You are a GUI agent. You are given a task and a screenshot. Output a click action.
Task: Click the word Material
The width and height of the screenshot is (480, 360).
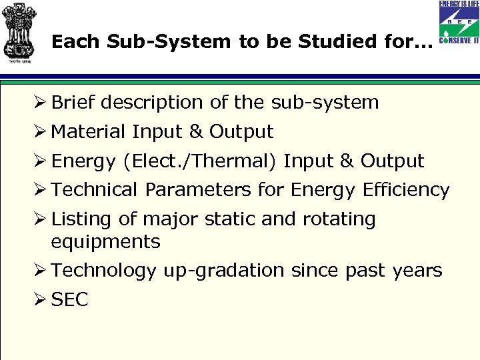click(89, 132)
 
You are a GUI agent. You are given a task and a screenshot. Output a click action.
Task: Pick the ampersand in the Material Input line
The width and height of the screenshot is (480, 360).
click(193, 132)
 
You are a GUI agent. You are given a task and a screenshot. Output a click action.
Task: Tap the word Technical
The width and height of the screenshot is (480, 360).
click(95, 190)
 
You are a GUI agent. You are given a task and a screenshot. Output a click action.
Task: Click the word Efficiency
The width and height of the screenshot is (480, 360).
click(406, 190)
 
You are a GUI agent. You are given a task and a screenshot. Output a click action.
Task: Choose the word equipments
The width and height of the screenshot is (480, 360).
click(105, 241)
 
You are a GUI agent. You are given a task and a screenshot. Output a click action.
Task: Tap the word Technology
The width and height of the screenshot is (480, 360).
click(103, 271)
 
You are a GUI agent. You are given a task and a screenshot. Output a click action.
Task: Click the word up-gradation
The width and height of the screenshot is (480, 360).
click(223, 271)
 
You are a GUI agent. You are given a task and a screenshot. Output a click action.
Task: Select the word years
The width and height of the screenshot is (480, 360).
click(417, 271)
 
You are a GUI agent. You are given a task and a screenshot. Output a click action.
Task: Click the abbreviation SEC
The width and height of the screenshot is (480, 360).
click(69, 300)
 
